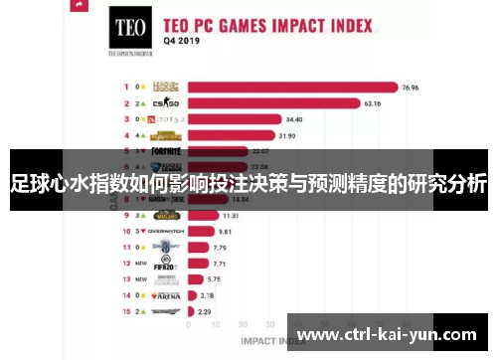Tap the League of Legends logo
tap(169, 87)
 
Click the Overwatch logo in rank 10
tap(167, 231)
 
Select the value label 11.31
tap(230, 215)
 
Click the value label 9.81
tap(225, 231)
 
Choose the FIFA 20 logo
tap(166, 264)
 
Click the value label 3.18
tap(207, 295)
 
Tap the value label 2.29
tap(204, 311)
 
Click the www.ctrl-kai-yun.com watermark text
tap(387, 334)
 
